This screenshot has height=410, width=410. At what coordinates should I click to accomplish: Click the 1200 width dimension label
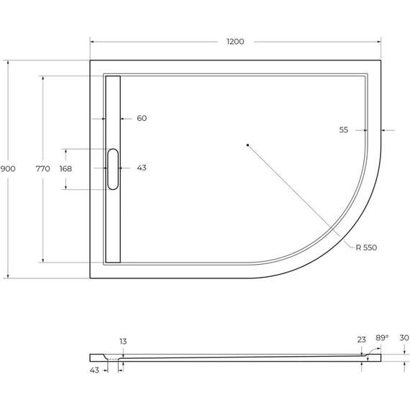tap(235, 41)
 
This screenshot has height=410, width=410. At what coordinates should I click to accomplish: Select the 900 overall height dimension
tap(8, 168)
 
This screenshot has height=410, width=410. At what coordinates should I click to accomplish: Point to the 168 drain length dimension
tap(65, 168)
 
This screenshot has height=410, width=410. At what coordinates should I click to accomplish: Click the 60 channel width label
tap(142, 118)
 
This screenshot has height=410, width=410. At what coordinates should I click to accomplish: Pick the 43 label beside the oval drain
tap(142, 168)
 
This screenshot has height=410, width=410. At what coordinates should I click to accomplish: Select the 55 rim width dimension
tap(344, 130)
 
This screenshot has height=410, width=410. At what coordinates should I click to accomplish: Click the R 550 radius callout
tap(365, 247)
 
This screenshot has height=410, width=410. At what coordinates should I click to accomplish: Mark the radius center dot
tap(247, 145)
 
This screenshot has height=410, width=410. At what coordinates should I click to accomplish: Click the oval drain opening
tap(113, 168)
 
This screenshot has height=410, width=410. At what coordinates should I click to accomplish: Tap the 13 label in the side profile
tap(123, 342)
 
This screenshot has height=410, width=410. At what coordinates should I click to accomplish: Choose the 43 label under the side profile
tap(94, 370)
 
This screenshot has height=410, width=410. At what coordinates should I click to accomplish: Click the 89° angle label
tap(382, 337)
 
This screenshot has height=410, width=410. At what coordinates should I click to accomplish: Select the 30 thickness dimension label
tap(404, 337)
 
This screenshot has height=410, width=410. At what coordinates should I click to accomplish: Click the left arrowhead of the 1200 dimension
tap(92, 41)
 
